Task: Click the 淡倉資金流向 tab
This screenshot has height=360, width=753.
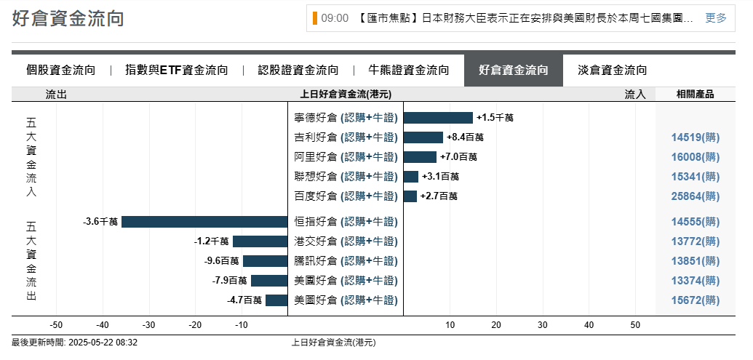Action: tap(612, 71)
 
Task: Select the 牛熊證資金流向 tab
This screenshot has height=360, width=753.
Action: tap(408, 71)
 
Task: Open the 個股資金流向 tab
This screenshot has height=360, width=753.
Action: tap(60, 71)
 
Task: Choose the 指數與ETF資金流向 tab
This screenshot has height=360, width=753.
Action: tap(176, 71)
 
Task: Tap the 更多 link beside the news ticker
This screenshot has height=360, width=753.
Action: tap(716, 18)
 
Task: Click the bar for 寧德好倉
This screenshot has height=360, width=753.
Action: tap(438, 118)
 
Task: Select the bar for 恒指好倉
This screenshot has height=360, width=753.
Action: tap(204, 222)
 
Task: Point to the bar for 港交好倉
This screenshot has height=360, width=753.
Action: tap(260, 241)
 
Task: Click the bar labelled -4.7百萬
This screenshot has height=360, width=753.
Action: tap(276, 300)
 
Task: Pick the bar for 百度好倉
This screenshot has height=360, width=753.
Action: tap(410, 196)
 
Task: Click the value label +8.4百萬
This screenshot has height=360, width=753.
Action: tap(465, 137)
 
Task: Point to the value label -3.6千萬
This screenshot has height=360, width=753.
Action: tap(100, 222)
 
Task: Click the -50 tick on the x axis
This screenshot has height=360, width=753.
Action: tap(56, 325)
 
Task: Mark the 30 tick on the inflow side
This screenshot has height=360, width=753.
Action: tap(543, 325)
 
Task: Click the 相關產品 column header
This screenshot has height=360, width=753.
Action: tap(695, 94)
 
